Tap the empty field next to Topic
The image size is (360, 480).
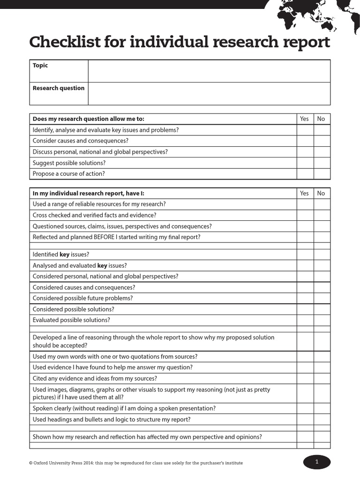tap(209, 71)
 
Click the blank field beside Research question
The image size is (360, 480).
tap(209, 93)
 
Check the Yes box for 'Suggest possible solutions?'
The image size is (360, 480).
tap(305, 163)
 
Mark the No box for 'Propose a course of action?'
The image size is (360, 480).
tap(322, 174)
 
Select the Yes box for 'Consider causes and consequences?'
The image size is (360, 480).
tap(305, 141)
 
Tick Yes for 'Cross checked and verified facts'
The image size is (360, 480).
tap(305, 216)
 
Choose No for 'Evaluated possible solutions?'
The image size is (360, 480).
tap(322, 320)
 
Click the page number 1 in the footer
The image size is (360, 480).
tap(317, 462)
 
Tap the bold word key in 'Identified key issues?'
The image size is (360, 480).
tap(65, 255)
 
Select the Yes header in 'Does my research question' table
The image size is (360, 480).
tap(305, 119)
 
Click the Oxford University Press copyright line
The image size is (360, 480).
tap(136, 463)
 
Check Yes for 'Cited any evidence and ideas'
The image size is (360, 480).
tap(305, 378)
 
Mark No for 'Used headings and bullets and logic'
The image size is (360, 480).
tap(322, 420)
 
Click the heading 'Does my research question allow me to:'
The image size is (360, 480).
tap(89, 119)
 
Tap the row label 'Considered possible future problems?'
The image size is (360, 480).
tap(83, 298)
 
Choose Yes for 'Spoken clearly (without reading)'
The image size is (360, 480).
tap(305, 408)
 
